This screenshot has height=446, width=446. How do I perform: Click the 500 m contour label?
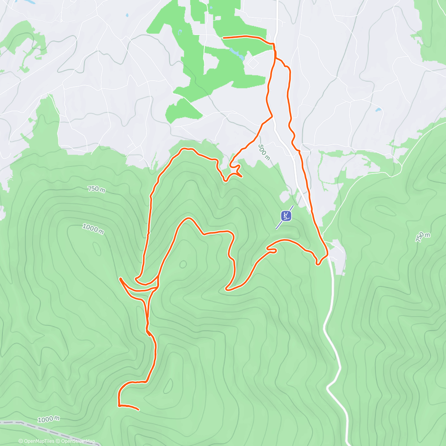pos(264,152)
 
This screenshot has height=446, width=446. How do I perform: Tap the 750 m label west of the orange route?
pos(96,189)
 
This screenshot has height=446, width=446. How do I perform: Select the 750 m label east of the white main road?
pos(423,237)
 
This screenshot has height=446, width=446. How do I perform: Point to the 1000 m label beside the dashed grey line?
pos(48,419)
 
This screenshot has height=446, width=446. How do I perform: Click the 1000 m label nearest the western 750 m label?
pos(93,228)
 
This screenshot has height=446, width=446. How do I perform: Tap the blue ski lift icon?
pos(286,216)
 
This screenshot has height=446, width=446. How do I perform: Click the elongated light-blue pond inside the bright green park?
pos(236,53)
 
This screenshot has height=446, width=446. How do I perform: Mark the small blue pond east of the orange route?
pos(378,110)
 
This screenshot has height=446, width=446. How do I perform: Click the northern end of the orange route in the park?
pos(223,38)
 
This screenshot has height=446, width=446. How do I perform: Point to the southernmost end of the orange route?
pos(138,410)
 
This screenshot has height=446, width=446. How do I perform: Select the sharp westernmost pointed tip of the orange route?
pos(120,278)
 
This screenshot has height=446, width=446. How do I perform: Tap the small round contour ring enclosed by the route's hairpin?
pos(183,264)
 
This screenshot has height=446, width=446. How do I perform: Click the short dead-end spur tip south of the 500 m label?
pos(242,176)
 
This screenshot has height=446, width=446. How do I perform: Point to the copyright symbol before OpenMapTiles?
pos(20,441)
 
